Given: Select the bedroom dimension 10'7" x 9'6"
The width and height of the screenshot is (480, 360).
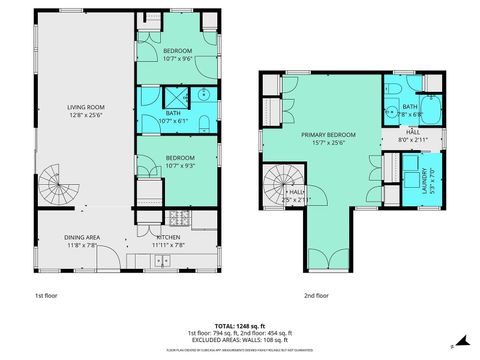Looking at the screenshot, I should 176,58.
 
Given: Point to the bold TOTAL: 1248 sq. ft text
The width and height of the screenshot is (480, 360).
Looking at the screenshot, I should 240,325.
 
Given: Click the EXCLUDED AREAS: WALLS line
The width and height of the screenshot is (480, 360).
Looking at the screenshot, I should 240,339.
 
